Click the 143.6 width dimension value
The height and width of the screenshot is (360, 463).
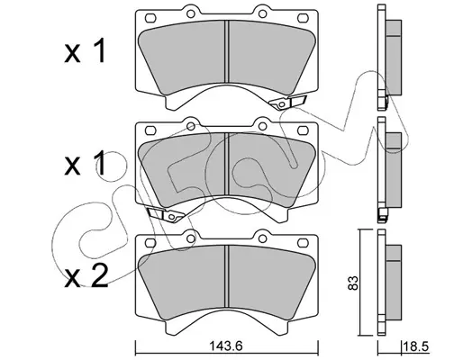coord(227,346)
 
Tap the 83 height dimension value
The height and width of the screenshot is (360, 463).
coord(353,283)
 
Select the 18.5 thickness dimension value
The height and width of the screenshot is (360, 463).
coord(416,346)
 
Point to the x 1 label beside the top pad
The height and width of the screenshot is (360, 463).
coord(85,51)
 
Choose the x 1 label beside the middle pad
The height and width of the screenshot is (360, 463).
coord(85,164)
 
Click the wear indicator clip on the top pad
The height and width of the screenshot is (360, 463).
coord(288,102)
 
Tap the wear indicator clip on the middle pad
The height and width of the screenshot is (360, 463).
coord(166,214)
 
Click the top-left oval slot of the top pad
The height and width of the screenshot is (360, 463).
coord(150,18)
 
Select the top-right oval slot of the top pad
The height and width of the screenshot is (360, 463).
coord(303,18)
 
